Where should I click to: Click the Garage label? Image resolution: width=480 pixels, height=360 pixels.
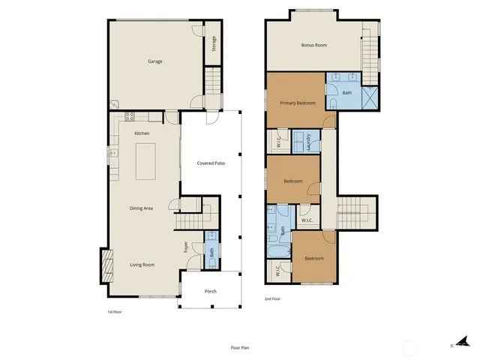pyautogui.click(x=154, y=61)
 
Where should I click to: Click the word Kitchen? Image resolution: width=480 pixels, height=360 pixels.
pyautogui.click(x=142, y=133)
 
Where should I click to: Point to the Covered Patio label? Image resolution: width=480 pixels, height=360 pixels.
pyautogui.click(x=211, y=163)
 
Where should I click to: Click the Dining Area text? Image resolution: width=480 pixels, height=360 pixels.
pyautogui.click(x=142, y=208)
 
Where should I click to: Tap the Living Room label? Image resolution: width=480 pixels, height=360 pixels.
pyautogui.click(x=142, y=264)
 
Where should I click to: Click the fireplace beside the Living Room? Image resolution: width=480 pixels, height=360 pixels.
pyautogui.click(x=106, y=264)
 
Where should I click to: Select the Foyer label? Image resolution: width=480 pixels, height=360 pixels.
pyautogui.click(x=186, y=247)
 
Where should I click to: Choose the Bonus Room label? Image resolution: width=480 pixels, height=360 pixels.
pyautogui.click(x=313, y=45)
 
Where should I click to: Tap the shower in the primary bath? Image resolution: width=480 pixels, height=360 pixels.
pyautogui.click(x=370, y=98)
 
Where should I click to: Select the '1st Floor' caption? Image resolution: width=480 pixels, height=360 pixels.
pyautogui.click(x=115, y=311)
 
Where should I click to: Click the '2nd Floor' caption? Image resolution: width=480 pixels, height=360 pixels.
pyautogui.click(x=273, y=298)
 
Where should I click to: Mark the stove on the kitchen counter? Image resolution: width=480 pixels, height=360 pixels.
pyautogui.click(x=130, y=117)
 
